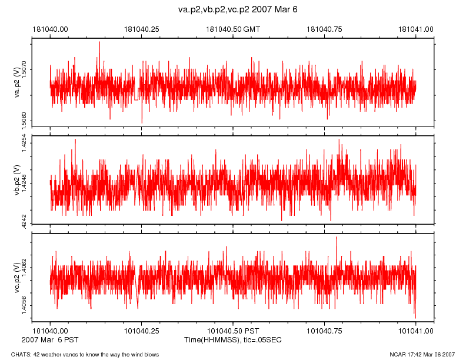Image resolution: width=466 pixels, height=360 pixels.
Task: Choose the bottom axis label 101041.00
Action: (x=416, y=332)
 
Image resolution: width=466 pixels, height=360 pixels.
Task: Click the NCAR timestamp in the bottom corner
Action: (x=422, y=354)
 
